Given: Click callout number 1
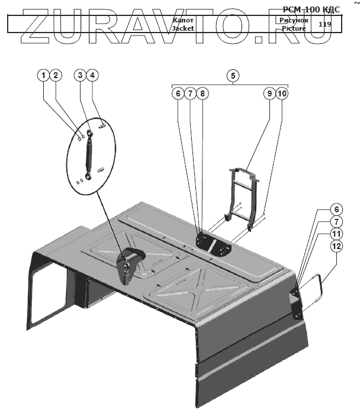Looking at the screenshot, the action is (43, 75).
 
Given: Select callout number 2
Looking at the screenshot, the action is (56, 75).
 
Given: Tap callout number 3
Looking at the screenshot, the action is (81, 75).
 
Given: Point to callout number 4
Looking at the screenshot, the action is (93, 75).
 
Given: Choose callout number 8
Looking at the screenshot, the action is (202, 93).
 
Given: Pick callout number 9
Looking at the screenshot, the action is (269, 93).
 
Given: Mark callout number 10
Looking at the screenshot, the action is (282, 93).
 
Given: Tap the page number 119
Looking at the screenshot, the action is (324, 24).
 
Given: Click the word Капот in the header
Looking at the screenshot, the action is (183, 20).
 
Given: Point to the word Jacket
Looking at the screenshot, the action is (183, 28).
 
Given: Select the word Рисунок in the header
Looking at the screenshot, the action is (290, 20).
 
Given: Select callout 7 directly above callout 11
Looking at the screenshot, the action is (336, 221).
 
